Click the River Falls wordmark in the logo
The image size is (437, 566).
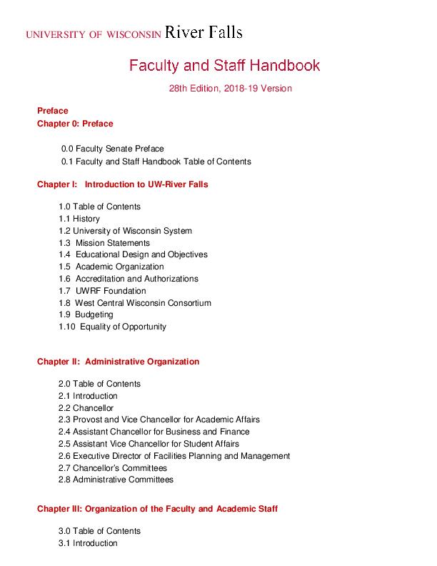click(x=204, y=32)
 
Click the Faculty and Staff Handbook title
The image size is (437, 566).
click(x=224, y=66)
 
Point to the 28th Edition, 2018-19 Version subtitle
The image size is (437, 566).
click(x=231, y=89)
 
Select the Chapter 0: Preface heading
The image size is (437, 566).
click(x=75, y=124)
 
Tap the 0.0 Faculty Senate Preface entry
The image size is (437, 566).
click(x=113, y=149)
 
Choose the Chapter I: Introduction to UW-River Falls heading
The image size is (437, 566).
click(x=123, y=184)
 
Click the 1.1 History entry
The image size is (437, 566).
click(x=79, y=219)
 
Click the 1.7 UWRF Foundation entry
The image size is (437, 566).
click(x=102, y=291)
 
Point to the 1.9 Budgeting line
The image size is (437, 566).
click(x=86, y=314)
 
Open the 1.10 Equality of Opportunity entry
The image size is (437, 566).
click(x=112, y=327)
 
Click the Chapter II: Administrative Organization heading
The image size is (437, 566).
click(x=119, y=362)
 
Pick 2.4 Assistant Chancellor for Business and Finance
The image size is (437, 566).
click(x=154, y=432)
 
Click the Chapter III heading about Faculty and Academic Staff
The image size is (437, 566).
click(x=157, y=509)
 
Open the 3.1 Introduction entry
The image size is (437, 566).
click(x=88, y=543)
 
